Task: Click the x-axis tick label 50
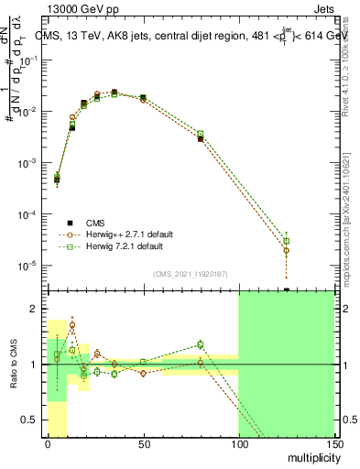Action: (x=143, y=444)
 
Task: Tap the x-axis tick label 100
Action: (x=238, y=444)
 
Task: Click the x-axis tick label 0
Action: (x=48, y=444)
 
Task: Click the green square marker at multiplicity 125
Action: (x=286, y=241)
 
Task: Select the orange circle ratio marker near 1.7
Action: (x=72, y=325)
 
